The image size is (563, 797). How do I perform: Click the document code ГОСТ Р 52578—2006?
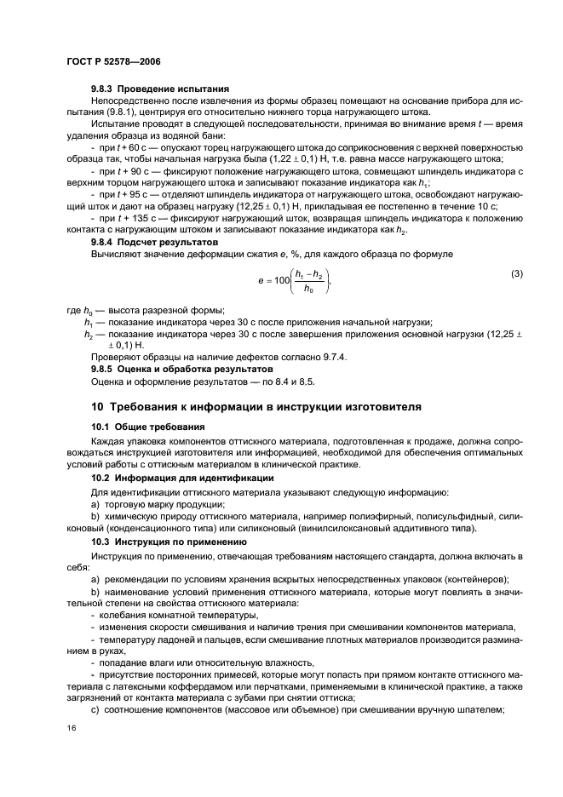coord(112,62)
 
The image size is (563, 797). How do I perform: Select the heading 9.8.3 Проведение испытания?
coord(160,89)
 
